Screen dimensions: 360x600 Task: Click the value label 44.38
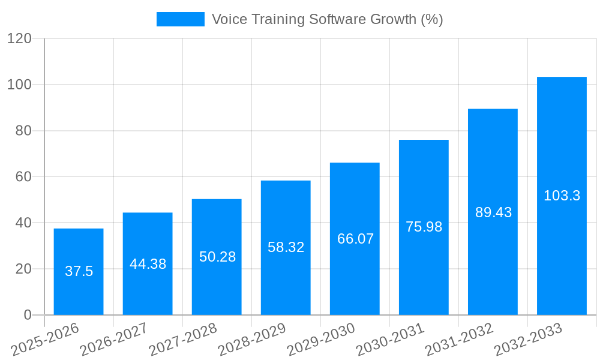148,264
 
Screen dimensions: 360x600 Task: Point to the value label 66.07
355,239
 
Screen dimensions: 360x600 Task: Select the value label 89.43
493,212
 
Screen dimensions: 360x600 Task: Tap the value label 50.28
217,257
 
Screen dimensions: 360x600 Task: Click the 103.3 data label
562,196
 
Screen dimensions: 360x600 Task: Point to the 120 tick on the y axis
19,39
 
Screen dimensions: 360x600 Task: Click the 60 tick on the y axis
23,177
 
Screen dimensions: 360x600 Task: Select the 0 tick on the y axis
28,315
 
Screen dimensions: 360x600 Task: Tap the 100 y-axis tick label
19,85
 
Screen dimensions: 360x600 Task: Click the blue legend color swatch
180,19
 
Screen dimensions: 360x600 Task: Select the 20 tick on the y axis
23,269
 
